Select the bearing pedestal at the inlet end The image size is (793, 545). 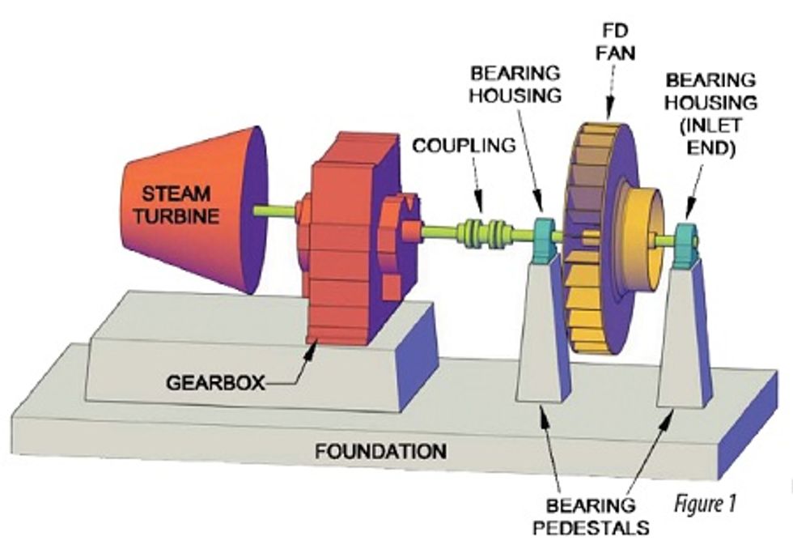click(x=684, y=340)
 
